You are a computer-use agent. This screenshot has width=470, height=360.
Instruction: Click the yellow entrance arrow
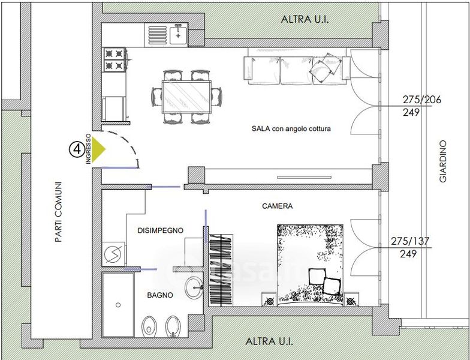[98, 149]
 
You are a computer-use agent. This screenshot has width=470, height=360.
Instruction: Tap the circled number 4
[77, 149]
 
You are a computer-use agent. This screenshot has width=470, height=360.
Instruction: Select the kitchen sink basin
[179, 35]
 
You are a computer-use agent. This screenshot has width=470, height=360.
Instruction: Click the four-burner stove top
[114, 59]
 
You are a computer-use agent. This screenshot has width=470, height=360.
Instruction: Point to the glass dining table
[186, 97]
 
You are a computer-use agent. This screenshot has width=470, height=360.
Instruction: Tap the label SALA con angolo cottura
[291, 128]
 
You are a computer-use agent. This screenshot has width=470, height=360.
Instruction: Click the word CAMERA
[277, 206]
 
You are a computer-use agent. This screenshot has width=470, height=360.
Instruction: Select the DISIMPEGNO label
[161, 230]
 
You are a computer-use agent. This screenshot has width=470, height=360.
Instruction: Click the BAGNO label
[160, 295]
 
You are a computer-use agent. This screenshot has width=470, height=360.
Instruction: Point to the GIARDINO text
[442, 161]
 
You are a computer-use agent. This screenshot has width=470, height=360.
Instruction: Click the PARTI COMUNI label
[59, 212]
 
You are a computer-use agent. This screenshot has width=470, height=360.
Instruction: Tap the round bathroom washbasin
[194, 288]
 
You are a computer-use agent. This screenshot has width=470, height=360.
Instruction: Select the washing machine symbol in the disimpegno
[114, 254]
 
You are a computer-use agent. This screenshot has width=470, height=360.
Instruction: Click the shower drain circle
[118, 305]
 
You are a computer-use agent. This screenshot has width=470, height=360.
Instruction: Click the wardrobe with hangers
[221, 270]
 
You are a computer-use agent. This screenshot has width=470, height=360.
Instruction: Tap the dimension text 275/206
[422, 100]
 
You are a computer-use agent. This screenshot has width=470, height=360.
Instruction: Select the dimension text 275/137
[410, 241]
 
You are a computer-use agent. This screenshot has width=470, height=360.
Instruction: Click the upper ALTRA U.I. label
[305, 19]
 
